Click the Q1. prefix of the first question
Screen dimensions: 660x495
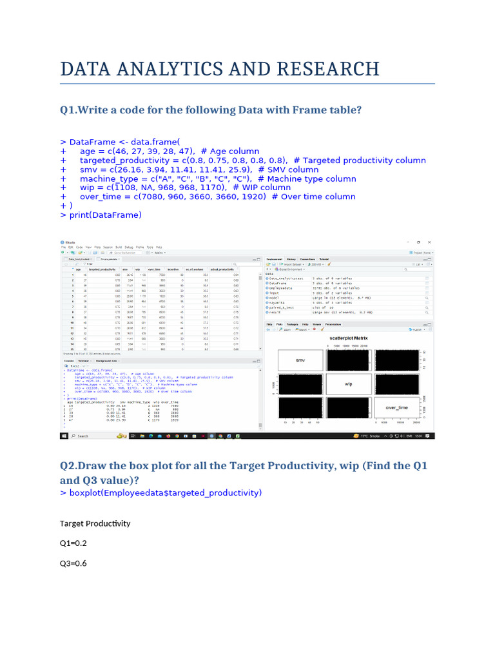(x=69, y=110)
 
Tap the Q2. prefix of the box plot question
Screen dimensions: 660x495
(x=69, y=465)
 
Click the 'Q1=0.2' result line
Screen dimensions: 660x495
(x=73, y=543)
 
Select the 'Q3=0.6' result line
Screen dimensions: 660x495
(x=73, y=563)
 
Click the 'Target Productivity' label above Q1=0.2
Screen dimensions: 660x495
(x=95, y=523)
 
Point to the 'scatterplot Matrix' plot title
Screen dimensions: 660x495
(x=347, y=337)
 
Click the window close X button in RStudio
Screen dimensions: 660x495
(x=430, y=241)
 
